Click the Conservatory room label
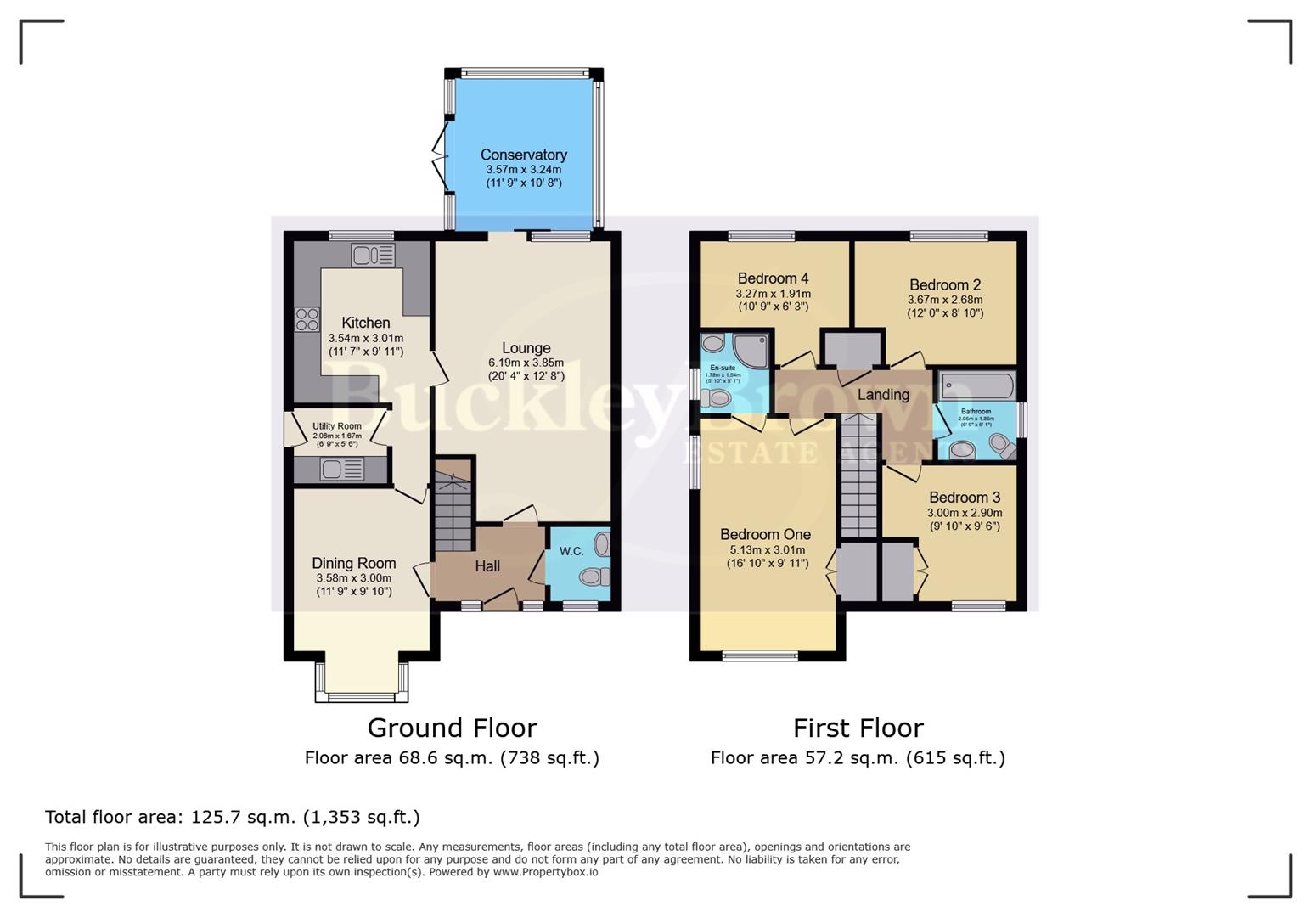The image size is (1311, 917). coord(523,155)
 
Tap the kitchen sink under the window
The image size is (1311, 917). coord(373,255)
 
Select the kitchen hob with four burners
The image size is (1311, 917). coord(307,319)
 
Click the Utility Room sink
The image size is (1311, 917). coord(341,469)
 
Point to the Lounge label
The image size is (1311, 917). coord(526,348)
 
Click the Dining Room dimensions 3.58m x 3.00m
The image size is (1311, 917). coord(353,578)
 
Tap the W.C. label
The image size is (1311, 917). coord(571,551)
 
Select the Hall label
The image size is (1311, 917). coord(487,566)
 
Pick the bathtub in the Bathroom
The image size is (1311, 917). coord(977,386)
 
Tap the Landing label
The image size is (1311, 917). coord(883,395)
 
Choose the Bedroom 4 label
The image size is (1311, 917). coord(773,278)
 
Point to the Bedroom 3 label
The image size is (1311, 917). coord(964,498)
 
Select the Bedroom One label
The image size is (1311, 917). coord(765,535)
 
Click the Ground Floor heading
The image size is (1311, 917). coord(452,729)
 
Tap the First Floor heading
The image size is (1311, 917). coord(858,729)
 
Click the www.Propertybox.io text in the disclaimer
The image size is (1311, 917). coord(545,872)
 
